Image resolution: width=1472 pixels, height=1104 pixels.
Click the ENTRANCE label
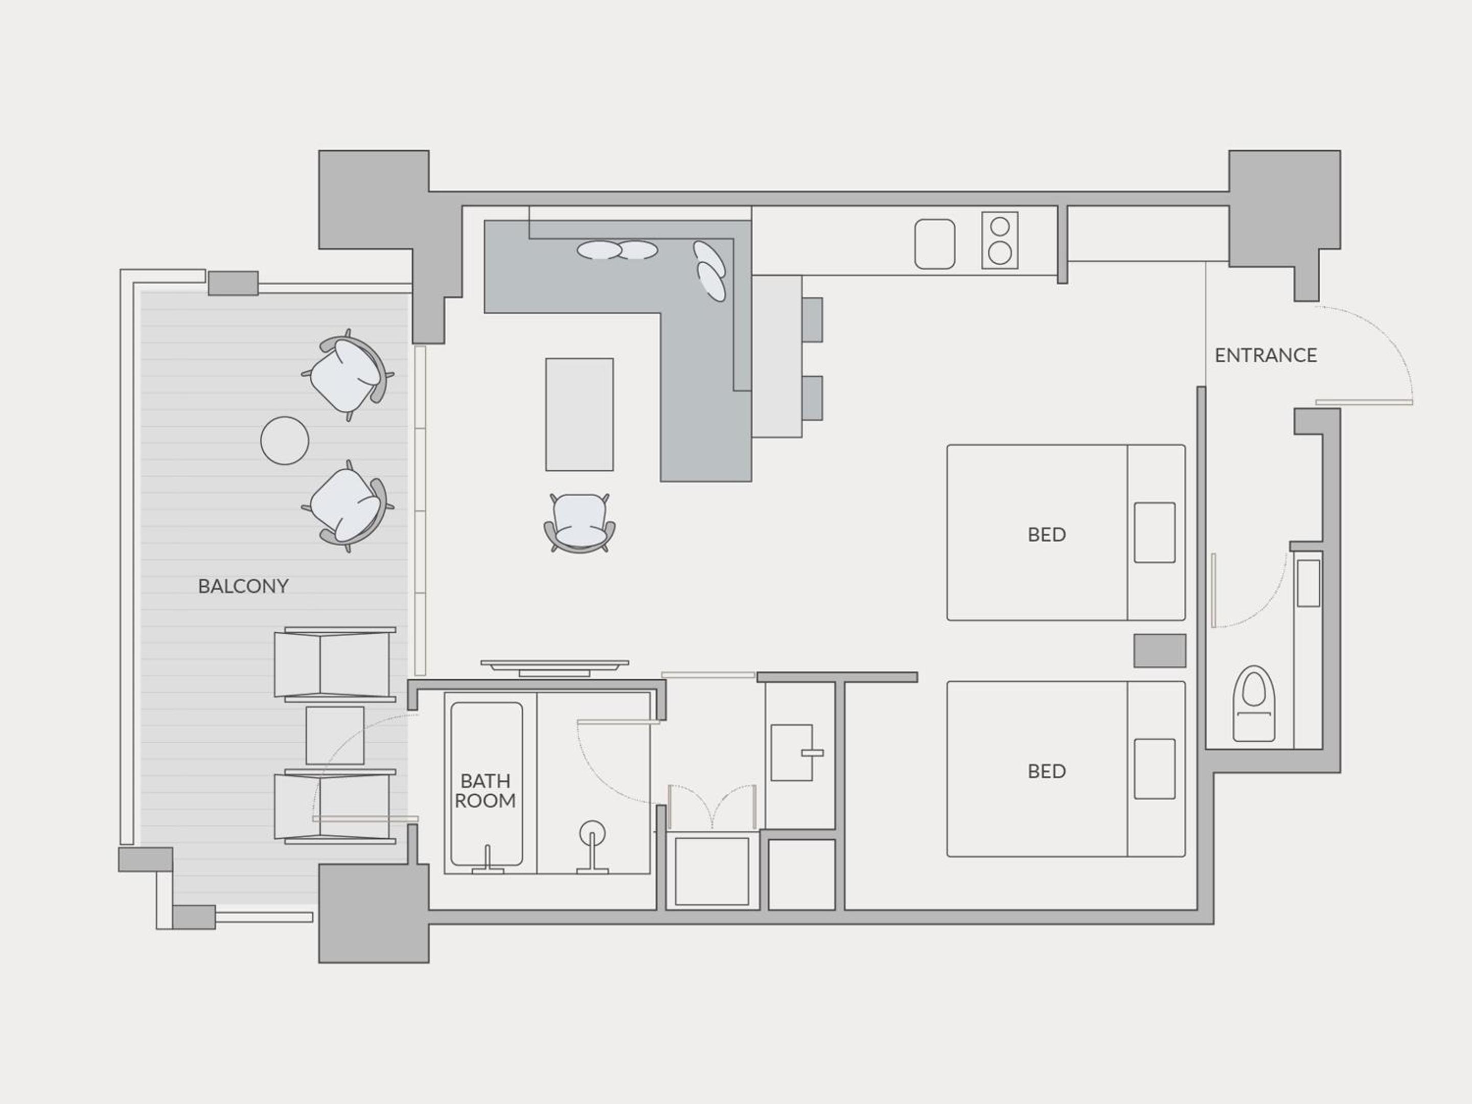1266,355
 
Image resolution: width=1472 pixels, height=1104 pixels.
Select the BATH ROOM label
485,791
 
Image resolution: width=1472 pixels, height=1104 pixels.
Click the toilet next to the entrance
1254,703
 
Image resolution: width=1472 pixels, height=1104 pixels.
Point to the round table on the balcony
285,441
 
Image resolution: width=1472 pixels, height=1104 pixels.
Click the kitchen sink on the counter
934,244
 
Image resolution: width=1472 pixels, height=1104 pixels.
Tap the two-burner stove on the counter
1000,240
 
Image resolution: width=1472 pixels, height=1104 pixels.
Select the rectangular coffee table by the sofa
580,415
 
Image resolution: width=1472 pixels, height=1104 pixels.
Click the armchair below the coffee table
580,522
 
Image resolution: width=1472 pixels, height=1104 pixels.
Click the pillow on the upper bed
1155,533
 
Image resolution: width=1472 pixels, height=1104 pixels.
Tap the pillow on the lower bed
1155,769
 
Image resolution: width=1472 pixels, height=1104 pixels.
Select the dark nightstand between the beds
1160,650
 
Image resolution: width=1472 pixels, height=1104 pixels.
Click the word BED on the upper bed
1047,534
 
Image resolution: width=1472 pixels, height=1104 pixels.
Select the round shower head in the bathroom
592,833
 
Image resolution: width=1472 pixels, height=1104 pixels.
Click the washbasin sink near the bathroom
792,753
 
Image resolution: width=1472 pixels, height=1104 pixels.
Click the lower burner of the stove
1000,253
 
